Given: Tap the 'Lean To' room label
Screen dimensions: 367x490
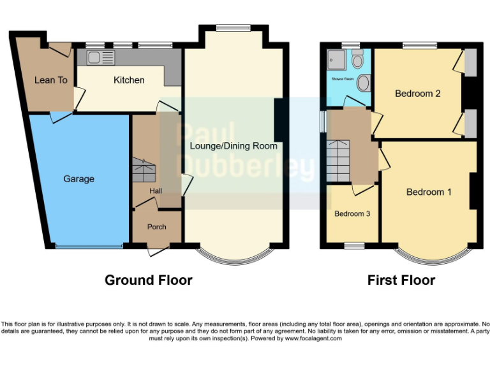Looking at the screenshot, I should [50, 80].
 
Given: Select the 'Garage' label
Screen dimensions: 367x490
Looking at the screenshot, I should [78, 179].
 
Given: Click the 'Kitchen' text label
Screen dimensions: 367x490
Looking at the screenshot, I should [129, 80].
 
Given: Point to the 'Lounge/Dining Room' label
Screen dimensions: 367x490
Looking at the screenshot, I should [234, 146].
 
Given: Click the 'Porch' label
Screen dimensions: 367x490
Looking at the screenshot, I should [157, 227].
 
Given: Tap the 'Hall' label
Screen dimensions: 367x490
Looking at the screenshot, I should [156, 191].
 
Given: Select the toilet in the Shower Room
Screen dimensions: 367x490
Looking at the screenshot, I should [357, 61].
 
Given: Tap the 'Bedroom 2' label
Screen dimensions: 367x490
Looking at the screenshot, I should [418, 94].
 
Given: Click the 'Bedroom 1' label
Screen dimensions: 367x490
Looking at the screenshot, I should [429, 192].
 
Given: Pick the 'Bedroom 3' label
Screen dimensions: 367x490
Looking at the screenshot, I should [352, 213].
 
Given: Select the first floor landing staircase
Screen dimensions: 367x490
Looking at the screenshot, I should [339, 159].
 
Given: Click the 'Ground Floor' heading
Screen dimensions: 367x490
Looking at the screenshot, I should [148, 280].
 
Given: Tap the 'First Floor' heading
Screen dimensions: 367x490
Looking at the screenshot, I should [401, 280].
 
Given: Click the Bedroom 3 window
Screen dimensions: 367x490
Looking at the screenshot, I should [354, 245].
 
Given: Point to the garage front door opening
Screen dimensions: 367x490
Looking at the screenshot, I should [88, 246].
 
